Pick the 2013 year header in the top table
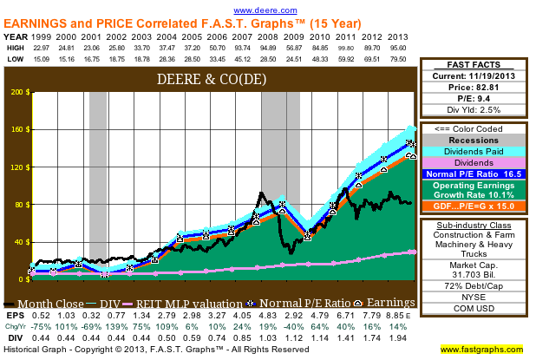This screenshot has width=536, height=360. tap(398, 37)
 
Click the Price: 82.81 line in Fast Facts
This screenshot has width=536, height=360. tap(474, 89)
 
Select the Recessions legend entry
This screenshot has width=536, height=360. tap(474, 140)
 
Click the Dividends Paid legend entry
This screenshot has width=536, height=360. tap(474, 151)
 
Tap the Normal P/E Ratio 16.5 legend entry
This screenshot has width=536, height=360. tap(474, 173)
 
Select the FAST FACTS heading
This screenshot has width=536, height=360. tap(474, 65)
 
